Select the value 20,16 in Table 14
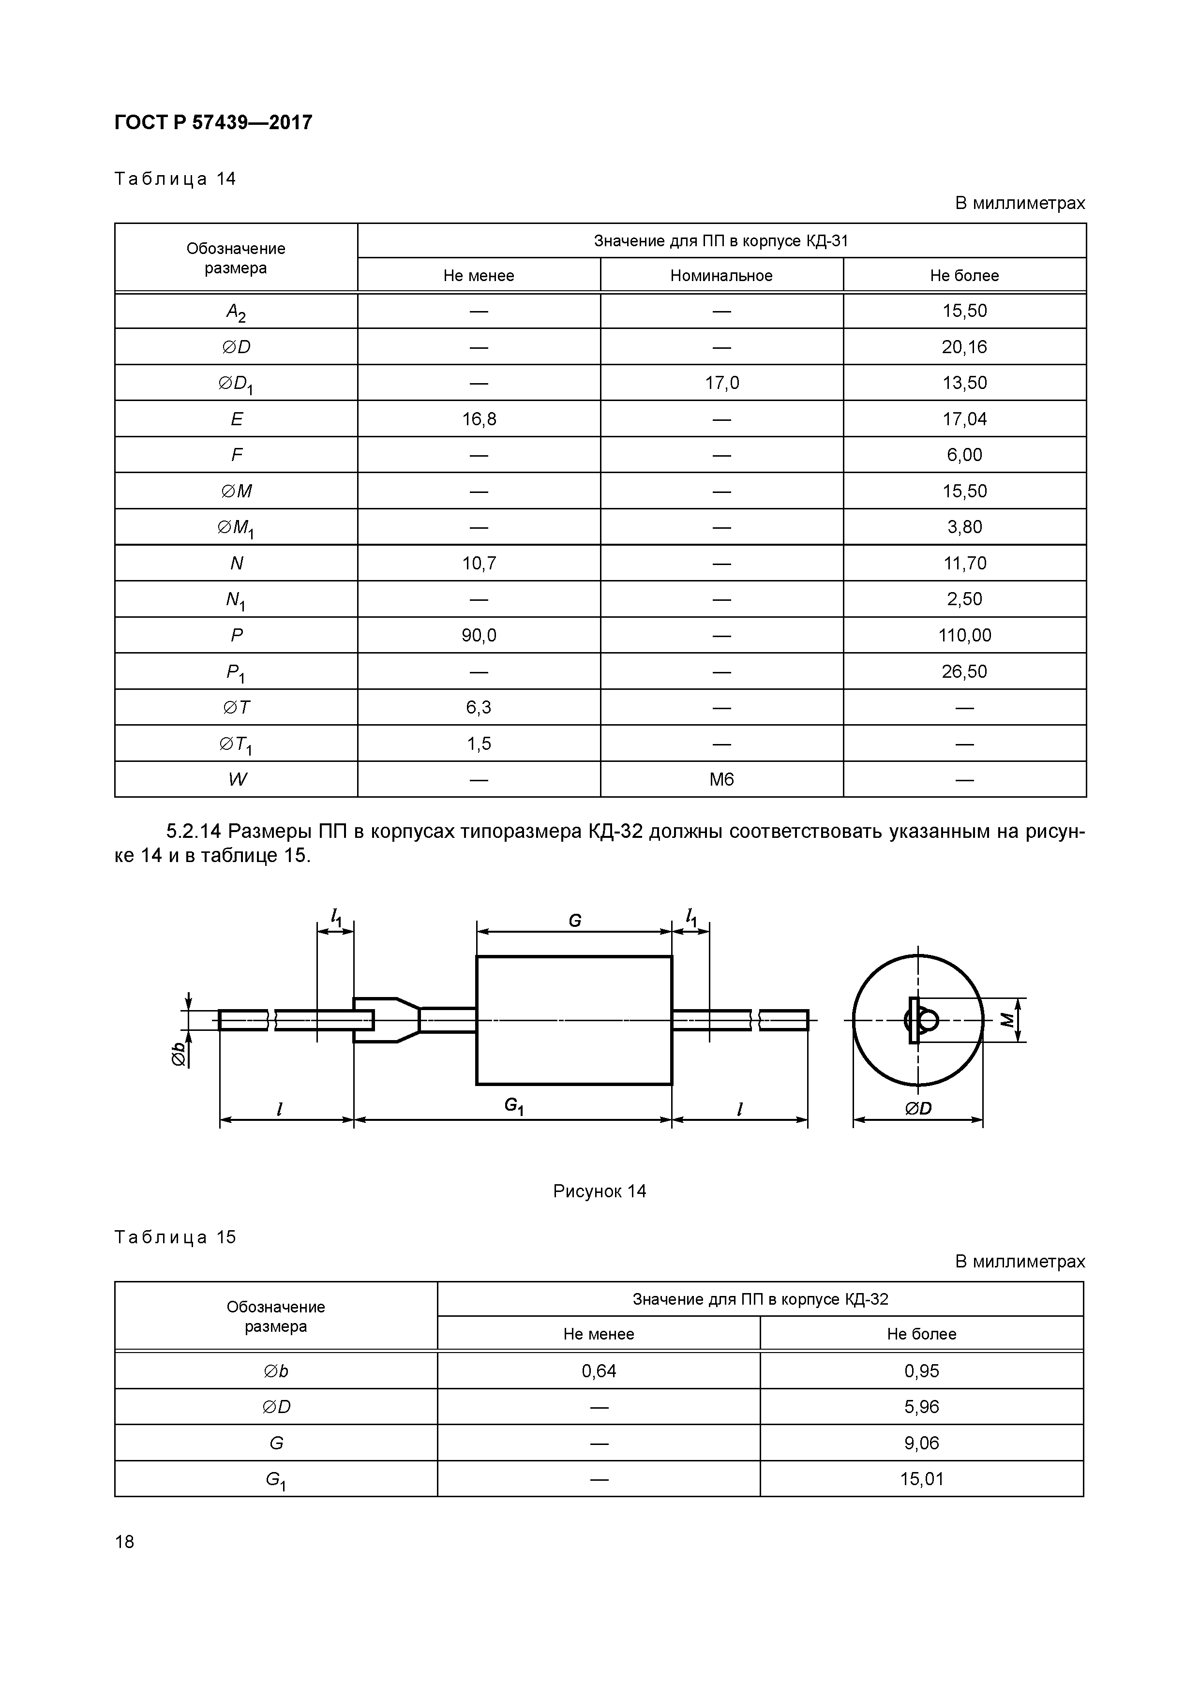(964, 347)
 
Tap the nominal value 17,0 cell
(721, 383)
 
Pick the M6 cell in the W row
(721, 779)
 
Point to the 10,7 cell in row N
(479, 563)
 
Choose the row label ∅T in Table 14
(237, 707)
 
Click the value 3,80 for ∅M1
(964, 527)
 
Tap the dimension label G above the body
(574, 920)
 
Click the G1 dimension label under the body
(514, 1106)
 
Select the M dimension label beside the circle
(1007, 1020)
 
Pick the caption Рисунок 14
(600, 1191)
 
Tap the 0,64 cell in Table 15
(599, 1371)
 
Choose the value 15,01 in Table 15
(921, 1479)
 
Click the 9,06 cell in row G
(921, 1443)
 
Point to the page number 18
(125, 1541)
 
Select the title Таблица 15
(175, 1237)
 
